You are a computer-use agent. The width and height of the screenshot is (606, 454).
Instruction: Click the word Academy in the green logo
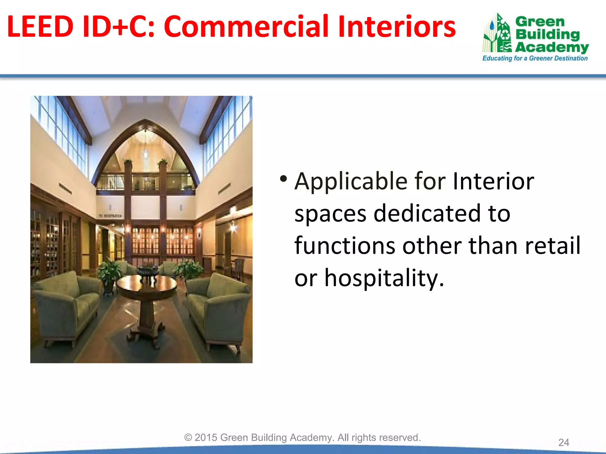pos(552,47)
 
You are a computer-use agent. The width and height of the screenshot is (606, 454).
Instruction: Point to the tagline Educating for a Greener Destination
pos(535,58)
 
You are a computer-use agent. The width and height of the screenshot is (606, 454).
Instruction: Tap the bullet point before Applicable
pos(283,179)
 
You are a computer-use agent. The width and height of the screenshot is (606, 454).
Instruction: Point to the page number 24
pos(563,442)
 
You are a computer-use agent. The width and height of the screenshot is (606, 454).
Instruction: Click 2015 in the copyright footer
pos(206,437)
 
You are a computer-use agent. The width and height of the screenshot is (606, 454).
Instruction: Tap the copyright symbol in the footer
pos(188,437)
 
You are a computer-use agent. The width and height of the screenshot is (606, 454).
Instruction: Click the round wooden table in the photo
pos(147,285)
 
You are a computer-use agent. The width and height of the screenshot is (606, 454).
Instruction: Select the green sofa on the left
pos(67,307)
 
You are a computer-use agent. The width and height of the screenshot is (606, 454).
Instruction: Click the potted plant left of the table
pos(109,272)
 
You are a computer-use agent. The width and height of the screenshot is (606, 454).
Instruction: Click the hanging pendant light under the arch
pos(145,152)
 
